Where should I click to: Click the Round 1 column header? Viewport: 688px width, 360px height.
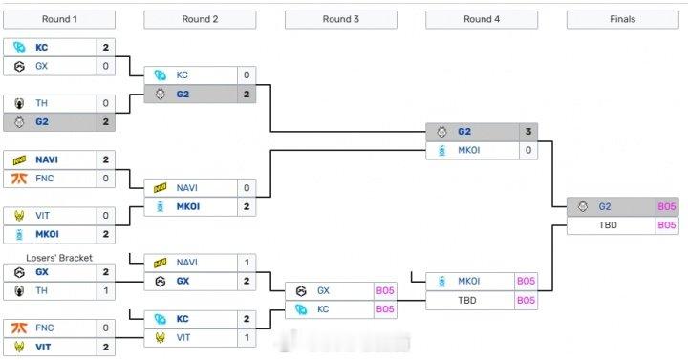[60, 19]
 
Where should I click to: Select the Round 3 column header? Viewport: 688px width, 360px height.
[341, 19]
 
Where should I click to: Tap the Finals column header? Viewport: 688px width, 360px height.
[622, 19]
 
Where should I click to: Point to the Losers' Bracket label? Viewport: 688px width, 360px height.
[60, 258]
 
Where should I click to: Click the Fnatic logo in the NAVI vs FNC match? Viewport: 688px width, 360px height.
[18, 178]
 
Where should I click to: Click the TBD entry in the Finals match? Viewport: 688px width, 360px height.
[610, 225]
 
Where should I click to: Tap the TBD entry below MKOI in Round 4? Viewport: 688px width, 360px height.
[469, 300]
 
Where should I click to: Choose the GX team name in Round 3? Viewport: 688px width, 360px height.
[323, 290]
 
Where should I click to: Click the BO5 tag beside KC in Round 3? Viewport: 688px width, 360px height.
[384, 309]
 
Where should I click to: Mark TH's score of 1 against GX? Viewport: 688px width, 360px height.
[106, 290]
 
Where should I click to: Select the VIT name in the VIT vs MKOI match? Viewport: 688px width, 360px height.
[43, 216]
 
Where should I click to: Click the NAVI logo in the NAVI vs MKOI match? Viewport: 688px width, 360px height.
[160, 188]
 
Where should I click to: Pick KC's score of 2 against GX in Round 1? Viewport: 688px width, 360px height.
[106, 47]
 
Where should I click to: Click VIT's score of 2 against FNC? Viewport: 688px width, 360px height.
[106, 347]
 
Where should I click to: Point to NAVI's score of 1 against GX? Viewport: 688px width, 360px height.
[247, 263]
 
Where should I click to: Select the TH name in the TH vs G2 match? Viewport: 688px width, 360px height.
[42, 103]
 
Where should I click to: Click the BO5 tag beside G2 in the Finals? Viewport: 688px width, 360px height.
[666, 206]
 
